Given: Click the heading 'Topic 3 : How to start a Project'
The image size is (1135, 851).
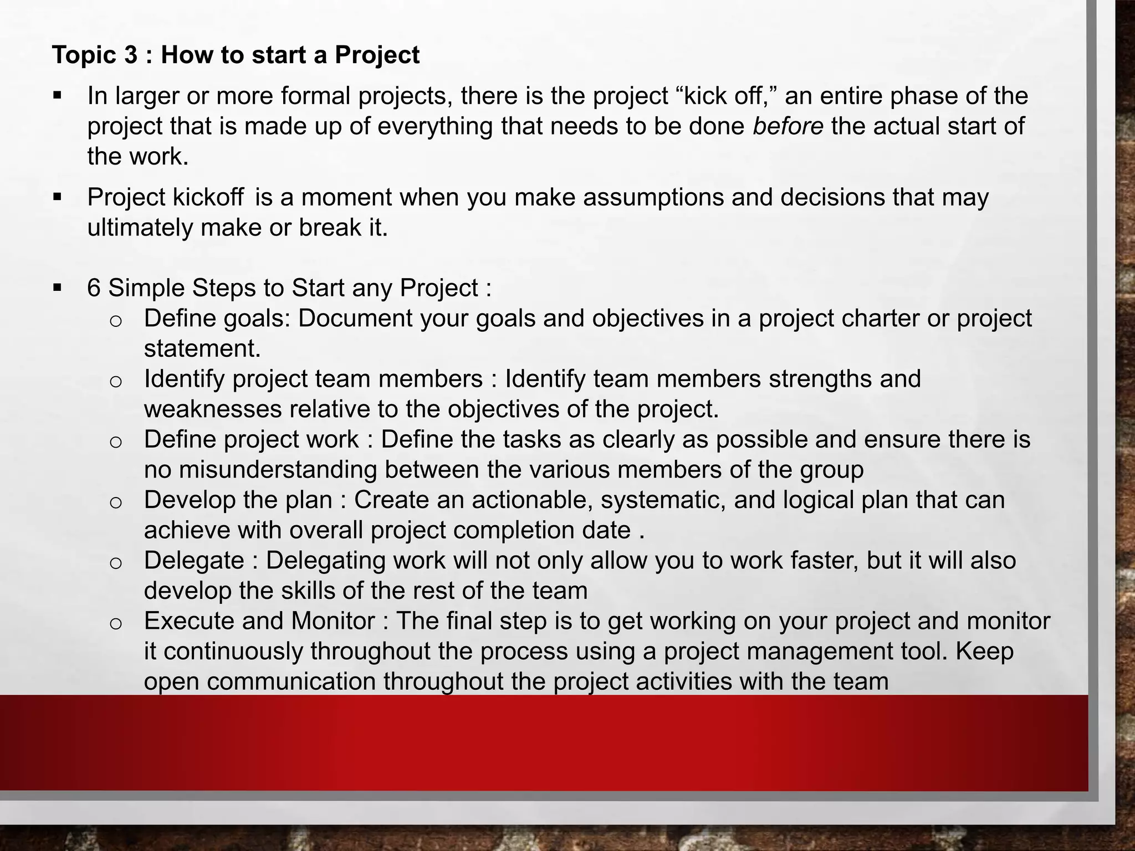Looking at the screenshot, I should click(x=236, y=55).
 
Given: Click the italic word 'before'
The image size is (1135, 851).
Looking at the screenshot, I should click(x=788, y=126).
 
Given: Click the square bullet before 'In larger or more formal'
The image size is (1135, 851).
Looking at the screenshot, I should click(x=57, y=95).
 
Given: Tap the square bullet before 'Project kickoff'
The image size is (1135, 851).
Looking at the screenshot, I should click(x=57, y=197).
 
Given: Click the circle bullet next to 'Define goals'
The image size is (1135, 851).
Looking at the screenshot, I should click(x=115, y=321).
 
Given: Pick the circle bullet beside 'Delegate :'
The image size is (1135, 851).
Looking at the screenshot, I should click(x=115, y=563).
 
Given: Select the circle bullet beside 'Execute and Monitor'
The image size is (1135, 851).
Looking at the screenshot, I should click(x=115, y=623).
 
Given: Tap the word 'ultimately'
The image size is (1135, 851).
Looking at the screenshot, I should click(x=140, y=228).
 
